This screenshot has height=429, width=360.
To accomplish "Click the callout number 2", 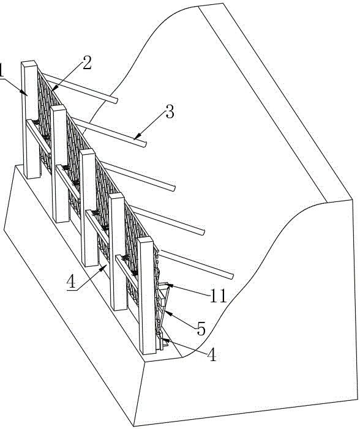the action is click(x=87, y=62).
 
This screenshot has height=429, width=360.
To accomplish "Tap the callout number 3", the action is click(x=170, y=111).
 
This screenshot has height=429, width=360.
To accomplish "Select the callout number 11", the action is click(x=218, y=296).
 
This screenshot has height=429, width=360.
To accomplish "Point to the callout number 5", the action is click(x=201, y=329).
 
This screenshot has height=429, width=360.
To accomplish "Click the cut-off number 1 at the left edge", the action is click(x=1, y=70).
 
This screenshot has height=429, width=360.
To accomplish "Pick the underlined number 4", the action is click(x=71, y=282).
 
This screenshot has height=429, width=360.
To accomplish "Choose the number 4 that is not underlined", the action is click(x=212, y=356).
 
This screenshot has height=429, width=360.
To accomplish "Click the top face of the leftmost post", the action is click(x=29, y=63).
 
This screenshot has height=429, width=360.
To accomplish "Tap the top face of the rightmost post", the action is click(x=145, y=240).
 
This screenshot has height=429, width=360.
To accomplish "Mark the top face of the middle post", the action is click(x=88, y=152).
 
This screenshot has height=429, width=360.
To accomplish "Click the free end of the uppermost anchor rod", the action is click(x=116, y=101).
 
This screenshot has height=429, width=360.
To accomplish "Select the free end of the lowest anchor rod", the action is click(x=233, y=276).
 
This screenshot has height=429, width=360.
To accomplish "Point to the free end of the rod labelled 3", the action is click(x=145, y=144).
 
